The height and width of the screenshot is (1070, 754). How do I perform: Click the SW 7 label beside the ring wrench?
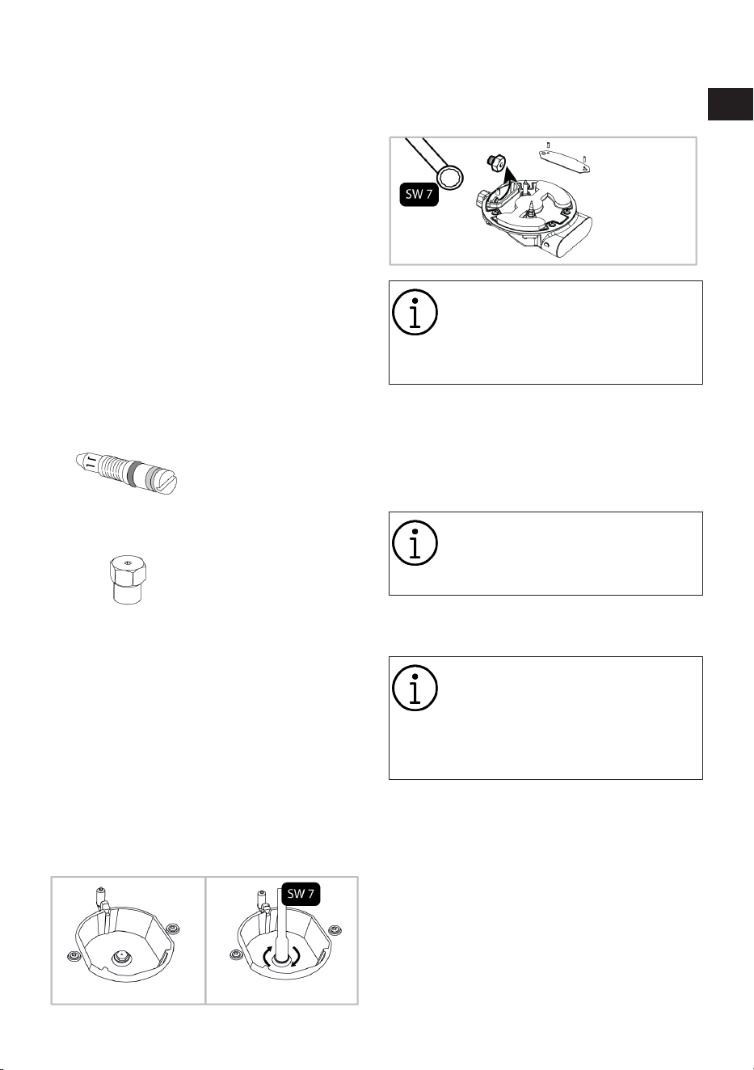coord(419,193)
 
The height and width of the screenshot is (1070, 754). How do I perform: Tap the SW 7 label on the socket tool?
coord(301,893)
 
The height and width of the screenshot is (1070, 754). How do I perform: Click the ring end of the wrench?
coord(451,178)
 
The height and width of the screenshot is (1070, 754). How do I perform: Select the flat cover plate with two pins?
coord(565,159)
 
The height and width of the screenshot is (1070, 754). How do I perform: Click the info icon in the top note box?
coord(415,312)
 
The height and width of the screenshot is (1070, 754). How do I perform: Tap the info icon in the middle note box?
coord(415,543)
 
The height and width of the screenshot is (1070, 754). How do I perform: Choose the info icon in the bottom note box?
coord(415,688)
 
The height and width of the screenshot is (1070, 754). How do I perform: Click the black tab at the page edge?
coord(730,103)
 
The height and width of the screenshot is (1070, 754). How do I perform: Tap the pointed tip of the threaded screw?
coord(78,459)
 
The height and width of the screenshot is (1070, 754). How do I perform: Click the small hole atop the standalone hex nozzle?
coord(127,564)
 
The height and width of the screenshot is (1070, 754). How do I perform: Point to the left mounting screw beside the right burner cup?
coord(235,954)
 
